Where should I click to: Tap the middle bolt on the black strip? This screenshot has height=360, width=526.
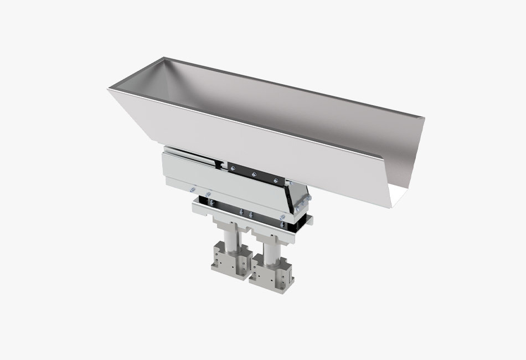[254, 174]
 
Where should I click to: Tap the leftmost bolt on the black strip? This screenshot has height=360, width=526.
[233, 168]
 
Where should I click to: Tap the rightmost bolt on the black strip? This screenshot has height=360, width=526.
[275, 181]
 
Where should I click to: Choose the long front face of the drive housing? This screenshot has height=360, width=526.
[221, 186]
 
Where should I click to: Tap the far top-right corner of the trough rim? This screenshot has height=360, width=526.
[424, 117]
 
